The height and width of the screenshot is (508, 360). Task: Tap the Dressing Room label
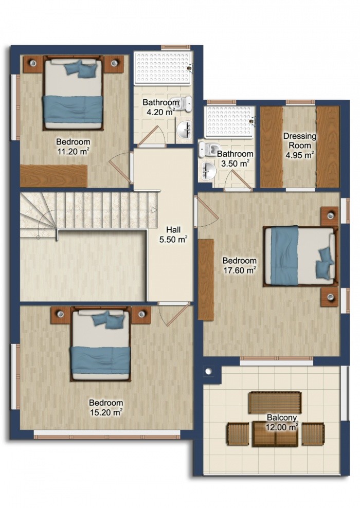coord(300,140)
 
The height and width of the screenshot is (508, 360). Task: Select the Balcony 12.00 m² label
coord(282,423)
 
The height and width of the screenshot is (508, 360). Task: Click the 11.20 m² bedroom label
coord(73,147)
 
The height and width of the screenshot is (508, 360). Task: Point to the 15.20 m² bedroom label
coord(106,408)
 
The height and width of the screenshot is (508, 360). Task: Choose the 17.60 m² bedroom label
coord(240,265)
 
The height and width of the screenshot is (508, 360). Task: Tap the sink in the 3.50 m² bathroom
coord(208,170)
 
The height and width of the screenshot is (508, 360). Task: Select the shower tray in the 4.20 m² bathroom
coord(164,68)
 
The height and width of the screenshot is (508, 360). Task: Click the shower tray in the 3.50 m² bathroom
coord(230,122)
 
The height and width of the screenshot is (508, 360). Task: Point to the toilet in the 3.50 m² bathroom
coord(209,149)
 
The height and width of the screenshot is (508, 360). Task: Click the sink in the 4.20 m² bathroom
coord(185,130)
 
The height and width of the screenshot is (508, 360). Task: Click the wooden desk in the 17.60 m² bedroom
coord(206,280)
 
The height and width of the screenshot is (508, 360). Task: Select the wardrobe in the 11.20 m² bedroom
coord(53,176)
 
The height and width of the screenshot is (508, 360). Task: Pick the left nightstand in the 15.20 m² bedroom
coord(60,315)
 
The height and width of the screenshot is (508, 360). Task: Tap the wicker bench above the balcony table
coord(275,403)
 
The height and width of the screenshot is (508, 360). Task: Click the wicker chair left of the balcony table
coord(238,434)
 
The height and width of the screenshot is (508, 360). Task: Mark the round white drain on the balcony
coord(208,371)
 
